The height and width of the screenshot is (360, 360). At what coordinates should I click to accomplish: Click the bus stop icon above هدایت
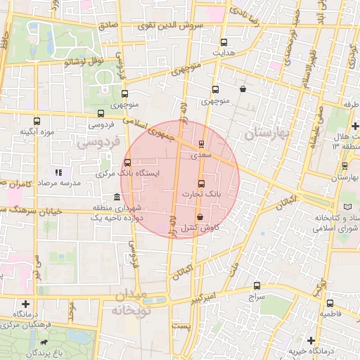click(224, 43)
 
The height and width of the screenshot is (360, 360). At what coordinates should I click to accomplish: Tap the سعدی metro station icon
click(202, 143)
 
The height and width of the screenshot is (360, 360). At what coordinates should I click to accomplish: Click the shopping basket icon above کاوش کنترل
click(200, 217)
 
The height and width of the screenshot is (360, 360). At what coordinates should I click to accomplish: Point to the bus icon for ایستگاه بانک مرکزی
click(127, 162)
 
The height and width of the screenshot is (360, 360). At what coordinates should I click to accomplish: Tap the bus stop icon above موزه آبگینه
click(37, 121)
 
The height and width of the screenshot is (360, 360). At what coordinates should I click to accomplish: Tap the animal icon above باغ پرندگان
click(45, 343)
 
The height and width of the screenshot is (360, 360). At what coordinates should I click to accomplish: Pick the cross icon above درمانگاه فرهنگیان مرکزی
click(26, 304)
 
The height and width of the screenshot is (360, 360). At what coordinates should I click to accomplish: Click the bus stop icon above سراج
click(257, 286)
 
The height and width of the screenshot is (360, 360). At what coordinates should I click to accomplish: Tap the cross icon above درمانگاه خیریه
click(311, 340)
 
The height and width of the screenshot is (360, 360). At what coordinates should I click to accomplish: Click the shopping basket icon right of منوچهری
click(243, 89)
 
